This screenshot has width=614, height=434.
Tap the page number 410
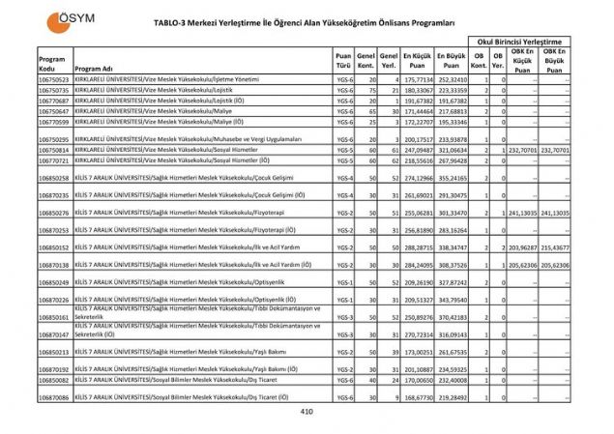coord(307,412)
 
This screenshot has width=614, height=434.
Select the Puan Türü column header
coord(344,61)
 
